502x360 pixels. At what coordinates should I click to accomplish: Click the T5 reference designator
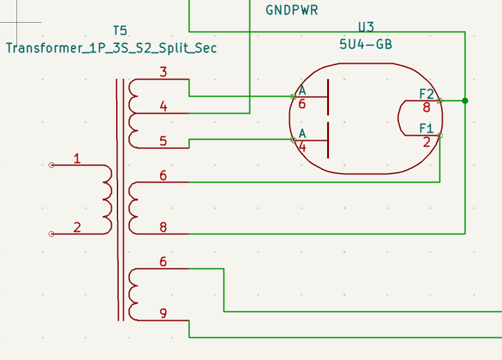click(120, 31)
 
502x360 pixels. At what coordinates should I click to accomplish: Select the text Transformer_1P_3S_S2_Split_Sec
click(111, 48)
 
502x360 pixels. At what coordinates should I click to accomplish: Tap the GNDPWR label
click(292, 10)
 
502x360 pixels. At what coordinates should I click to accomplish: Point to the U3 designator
click(366, 27)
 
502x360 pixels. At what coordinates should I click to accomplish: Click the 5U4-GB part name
click(366, 44)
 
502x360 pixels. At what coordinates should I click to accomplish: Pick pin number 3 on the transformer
click(164, 72)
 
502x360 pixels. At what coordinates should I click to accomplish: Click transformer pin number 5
click(164, 141)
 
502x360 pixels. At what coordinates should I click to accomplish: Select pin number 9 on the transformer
click(164, 313)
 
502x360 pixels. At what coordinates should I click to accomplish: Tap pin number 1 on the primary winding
click(77, 159)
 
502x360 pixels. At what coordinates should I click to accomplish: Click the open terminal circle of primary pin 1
click(51, 165)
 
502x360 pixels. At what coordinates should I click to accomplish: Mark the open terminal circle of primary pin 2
click(51, 234)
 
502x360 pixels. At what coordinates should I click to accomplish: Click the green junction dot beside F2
click(465, 101)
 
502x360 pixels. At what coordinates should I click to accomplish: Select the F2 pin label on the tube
click(427, 94)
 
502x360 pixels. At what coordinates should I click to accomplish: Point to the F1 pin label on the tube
click(426, 128)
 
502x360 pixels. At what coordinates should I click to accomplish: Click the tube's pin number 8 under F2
click(426, 107)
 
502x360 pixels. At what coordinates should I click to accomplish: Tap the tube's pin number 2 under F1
click(426, 142)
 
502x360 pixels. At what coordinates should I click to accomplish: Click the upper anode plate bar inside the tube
click(328, 97)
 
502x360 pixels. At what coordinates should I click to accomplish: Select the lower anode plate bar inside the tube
click(328, 140)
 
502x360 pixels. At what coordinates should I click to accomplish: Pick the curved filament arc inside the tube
click(398, 118)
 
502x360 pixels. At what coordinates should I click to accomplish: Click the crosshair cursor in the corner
click(16, 22)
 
